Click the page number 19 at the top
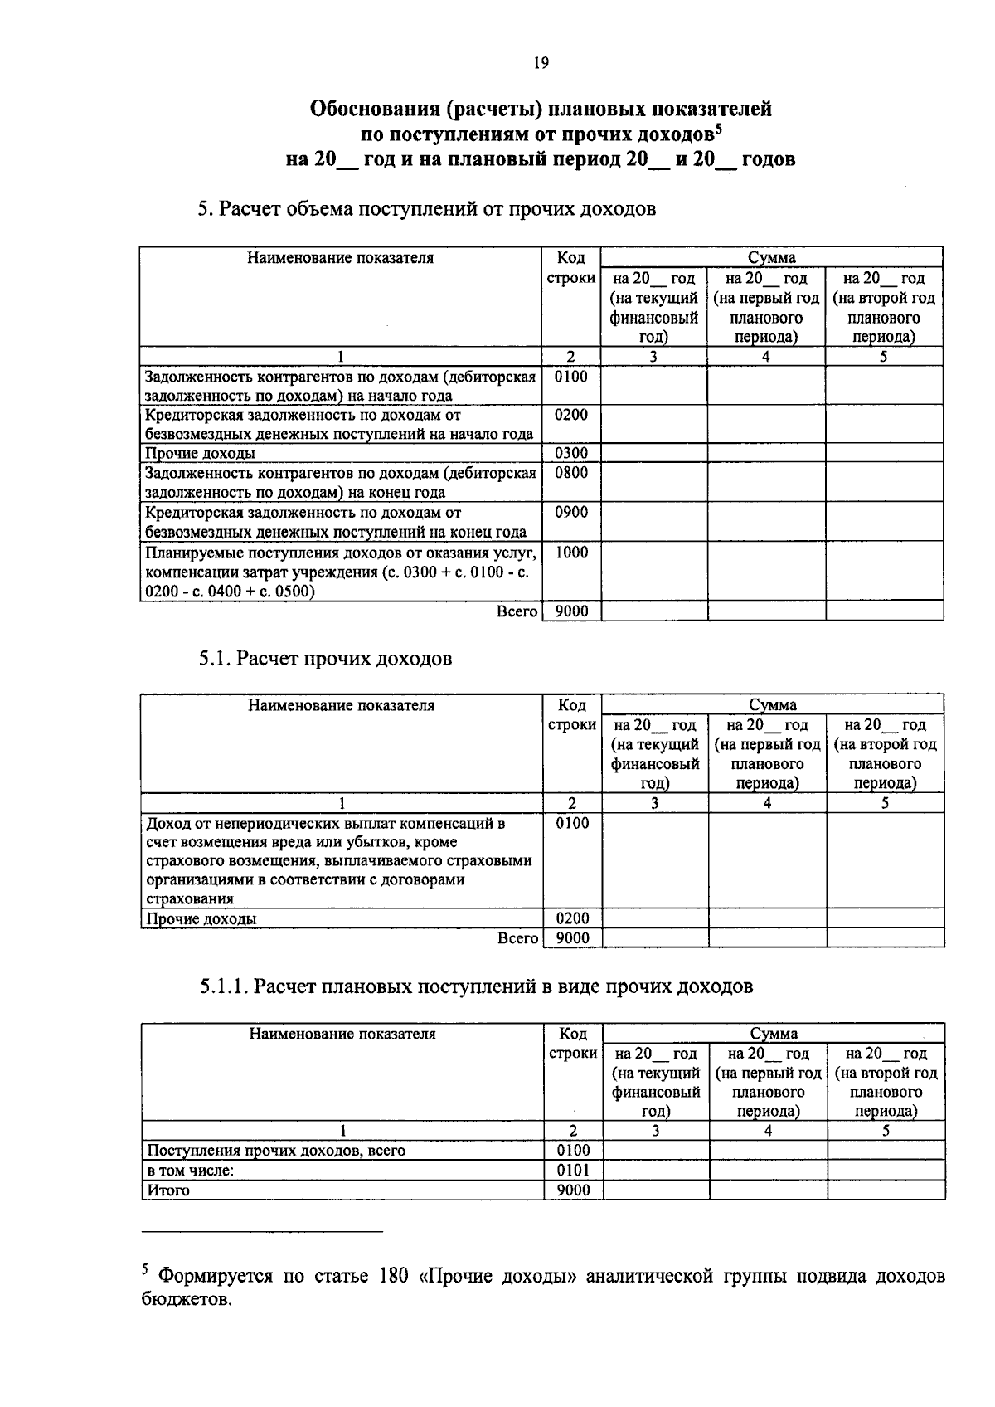point(541,64)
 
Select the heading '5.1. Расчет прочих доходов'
point(325,659)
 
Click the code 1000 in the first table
point(570,553)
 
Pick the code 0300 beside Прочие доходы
point(570,453)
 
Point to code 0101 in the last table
point(574,1171)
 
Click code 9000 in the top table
point(570,611)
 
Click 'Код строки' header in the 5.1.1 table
point(573,1044)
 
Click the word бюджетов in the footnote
point(186,1299)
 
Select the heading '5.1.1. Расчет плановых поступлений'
point(476,986)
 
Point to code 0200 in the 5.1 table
point(572,918)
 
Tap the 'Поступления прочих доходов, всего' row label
point(276,1151)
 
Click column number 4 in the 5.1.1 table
point(768,1131)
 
